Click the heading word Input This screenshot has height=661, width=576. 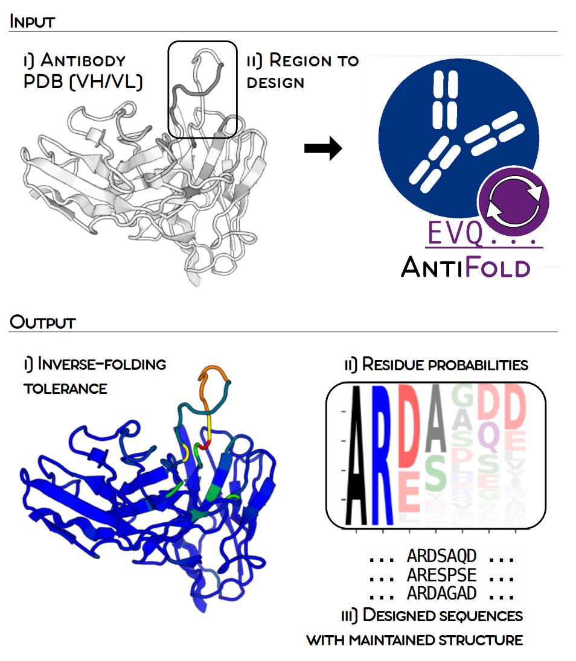(32, 22)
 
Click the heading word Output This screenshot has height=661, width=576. (42, 322)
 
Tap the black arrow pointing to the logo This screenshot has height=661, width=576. (322, 148)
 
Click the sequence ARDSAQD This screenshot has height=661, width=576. (441, 555)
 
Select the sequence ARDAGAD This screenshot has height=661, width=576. (441, 593)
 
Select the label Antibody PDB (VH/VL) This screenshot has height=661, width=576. (83, 71)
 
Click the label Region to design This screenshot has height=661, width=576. (302, 71)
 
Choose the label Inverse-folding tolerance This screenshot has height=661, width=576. (94, 375)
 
